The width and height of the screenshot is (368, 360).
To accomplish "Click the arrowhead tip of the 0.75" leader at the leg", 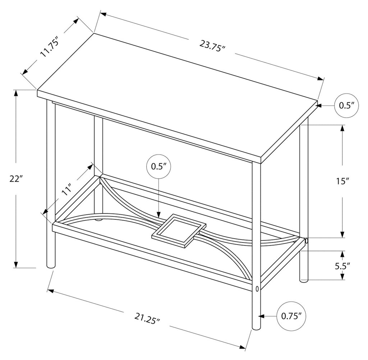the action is pos(261,316).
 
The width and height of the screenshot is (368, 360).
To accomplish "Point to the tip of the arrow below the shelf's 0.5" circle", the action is pos(158,218).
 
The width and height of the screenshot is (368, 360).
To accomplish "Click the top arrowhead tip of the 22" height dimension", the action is pos(16,90).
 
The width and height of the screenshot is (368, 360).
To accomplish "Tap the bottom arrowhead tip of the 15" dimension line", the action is pos(342,238).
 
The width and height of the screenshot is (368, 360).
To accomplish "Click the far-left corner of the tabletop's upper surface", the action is pos(37,90).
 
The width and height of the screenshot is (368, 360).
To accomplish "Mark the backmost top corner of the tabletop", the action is pos(94,33).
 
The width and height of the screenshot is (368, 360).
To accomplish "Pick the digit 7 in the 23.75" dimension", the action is pos(212,46).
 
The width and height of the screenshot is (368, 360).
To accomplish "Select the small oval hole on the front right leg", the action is pos(257,288).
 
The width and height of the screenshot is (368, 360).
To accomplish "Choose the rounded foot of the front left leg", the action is pos(51,266).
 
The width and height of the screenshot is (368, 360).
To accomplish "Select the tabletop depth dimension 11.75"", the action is pos(49,49).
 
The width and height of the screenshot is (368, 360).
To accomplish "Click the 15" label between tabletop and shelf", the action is pos(343,181).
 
